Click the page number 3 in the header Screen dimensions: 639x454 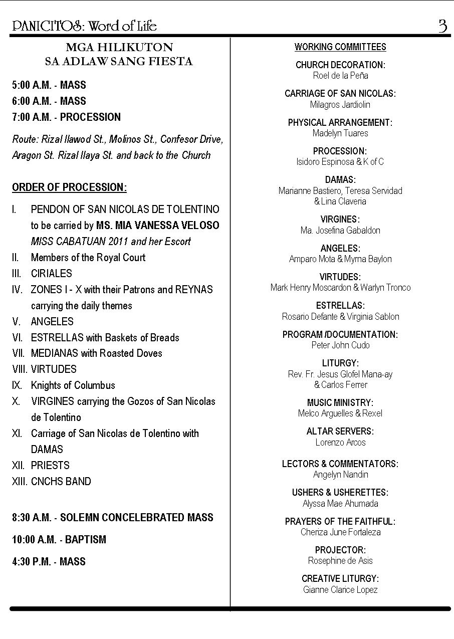click(442, 26)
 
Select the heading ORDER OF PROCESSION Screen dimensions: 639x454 click(69, 187)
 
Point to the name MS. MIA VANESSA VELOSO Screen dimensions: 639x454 click(158, 226)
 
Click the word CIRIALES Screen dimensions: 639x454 click(52, 274)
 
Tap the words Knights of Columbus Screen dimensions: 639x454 click(73, 385)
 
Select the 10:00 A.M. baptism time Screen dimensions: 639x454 click(33, 540)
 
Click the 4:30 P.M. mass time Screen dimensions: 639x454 click(31, 562)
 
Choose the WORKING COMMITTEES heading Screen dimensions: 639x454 click(340, 47)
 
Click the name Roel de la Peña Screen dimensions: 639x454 click(340, 76)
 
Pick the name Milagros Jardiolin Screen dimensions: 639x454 click(340, 105)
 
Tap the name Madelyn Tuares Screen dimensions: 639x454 click(340, 133)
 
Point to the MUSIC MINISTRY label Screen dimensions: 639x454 click(340, 403)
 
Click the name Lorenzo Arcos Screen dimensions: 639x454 click(340, 443)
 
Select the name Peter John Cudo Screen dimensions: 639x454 click(340, 345)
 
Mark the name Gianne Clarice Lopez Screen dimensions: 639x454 click(340, 590)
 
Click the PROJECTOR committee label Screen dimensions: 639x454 click(340, 550)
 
